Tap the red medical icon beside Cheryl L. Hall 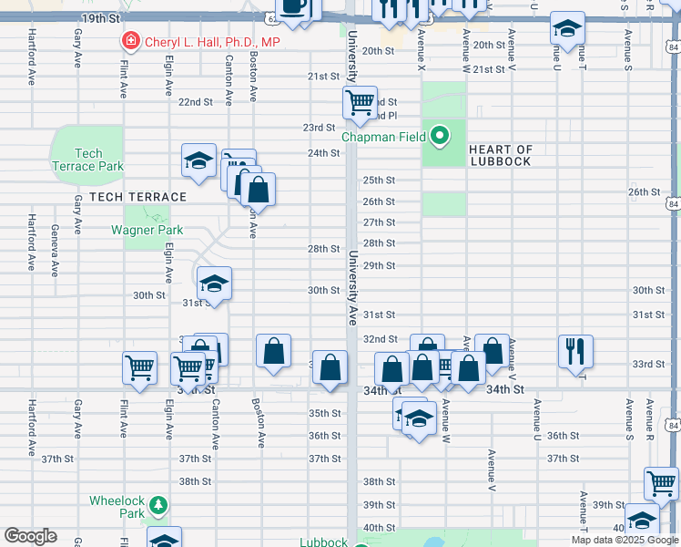[131, 42]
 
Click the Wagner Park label [147, 230]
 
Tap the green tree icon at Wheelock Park [158, 504]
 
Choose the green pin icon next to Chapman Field [441, 138]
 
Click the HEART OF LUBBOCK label [501, 155]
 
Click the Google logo [30, 535]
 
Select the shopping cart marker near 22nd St [361, 102]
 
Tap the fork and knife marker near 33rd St [575, 349]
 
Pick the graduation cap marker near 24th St [198, 160]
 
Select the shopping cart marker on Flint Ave [140, 367]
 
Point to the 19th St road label [100, 18]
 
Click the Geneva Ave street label [55, 250]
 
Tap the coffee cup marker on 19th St [294, 6]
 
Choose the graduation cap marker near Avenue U [567, 28]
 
